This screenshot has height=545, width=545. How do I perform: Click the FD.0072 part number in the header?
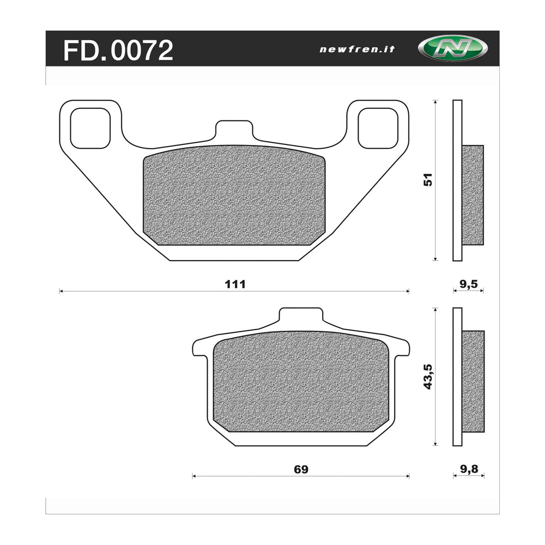[x=118, y=50]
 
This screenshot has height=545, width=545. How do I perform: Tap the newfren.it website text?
[x=356, y=49]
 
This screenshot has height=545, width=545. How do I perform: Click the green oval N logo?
[x=445, y=49]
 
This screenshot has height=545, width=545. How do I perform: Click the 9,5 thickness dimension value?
[x=468, y=283]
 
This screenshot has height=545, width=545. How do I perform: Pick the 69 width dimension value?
[x=301, y=469]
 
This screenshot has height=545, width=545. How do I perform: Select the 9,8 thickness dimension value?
[x=468, y=469]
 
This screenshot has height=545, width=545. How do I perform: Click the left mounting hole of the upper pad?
[x=90, y=128]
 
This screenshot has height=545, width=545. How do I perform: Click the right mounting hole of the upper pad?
[x=378, y=128]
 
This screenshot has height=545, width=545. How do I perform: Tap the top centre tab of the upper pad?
[x=234, y=131]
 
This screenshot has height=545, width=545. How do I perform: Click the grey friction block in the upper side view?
[x=473, y=195]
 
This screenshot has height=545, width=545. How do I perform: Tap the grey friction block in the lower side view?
[x=473, y=380]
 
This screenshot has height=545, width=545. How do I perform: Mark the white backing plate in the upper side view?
[x=457, y=180]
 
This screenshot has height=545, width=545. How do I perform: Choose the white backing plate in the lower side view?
[x=457, y=377]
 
